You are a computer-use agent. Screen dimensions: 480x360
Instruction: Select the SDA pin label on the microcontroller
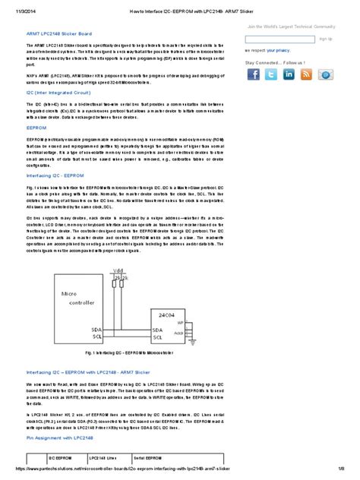click(x=96, y=329)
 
